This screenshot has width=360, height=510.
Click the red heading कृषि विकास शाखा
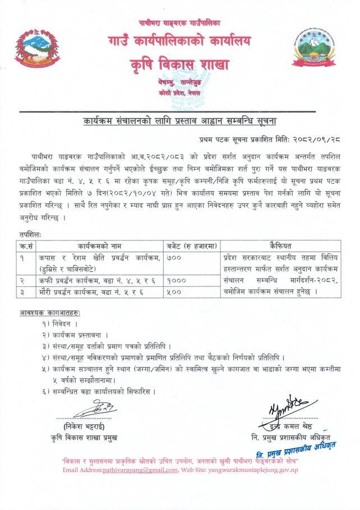[x=179, y=64]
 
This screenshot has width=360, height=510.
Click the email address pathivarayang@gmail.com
[x=140, y=470]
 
